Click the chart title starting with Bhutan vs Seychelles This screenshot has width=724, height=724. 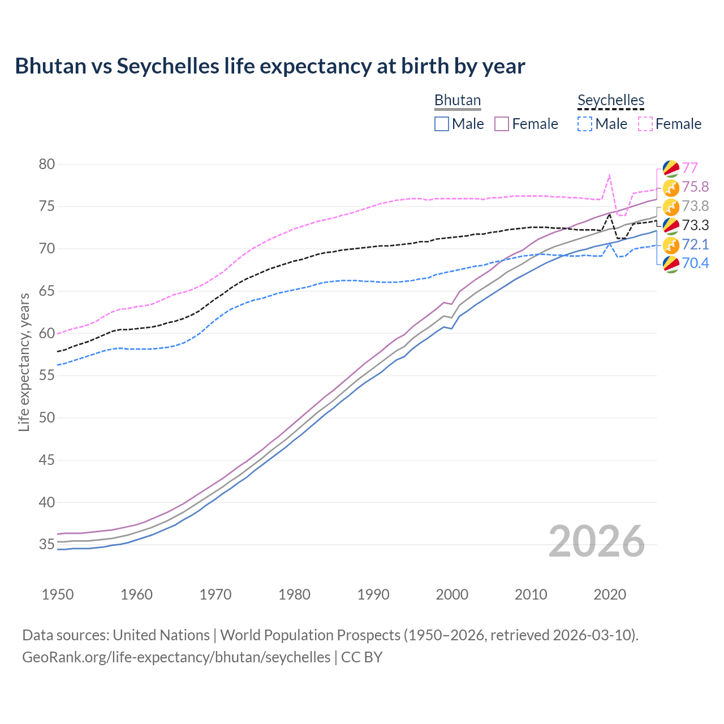point(270,66)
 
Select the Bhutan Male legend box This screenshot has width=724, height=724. point(442,124)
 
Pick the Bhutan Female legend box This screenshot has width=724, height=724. point(502,124)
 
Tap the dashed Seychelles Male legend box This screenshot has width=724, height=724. point(585,124)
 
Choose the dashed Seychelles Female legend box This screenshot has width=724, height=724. point(645,124)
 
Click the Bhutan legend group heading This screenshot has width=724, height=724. point(457,100)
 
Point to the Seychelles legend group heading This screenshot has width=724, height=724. point(611,100)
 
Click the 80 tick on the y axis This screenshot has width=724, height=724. point(47,165)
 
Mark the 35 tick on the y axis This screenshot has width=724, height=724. point(47,545)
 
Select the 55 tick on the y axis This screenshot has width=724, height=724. point(47,376)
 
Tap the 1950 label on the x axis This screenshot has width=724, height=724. point(58,594)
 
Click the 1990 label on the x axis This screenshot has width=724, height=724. point(373,594)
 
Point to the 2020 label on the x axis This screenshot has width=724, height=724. point(610,594)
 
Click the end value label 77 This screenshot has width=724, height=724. point(689,168)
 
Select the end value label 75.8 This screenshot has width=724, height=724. point(695,187)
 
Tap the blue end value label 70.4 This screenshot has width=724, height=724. point(695,263)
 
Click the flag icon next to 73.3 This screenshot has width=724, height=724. point(671,226)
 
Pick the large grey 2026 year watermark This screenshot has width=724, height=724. point(597,541)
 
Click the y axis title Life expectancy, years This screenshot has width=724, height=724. point(24,362)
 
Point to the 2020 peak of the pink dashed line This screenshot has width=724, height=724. point(609,175)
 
